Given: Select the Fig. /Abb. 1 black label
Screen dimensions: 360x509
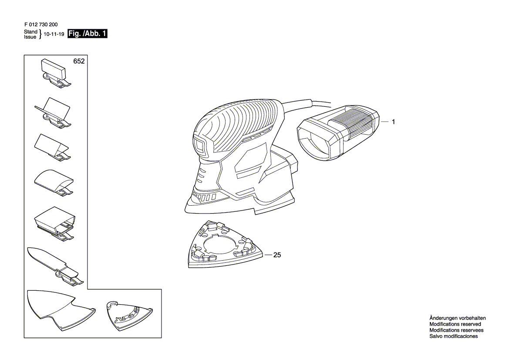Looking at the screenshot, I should tap(87, 35).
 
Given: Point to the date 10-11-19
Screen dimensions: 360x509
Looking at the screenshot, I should tap(54, 35).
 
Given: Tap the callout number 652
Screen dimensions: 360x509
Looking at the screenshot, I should tap(79, 62).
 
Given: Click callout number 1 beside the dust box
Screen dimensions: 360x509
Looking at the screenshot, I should tap(393, 122).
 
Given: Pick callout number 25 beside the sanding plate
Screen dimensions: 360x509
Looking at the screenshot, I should tap(276, 255).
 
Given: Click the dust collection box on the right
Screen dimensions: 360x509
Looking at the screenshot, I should tap(337, 133).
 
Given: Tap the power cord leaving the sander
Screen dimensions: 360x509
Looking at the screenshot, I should tap(305, 104).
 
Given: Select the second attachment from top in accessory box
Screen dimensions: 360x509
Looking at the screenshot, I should tap(54, 111).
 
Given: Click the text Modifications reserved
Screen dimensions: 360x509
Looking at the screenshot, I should tap(455, 324).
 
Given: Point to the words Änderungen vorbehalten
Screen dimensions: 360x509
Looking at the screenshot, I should tap(457, 318).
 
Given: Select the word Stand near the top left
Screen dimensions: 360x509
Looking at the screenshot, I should tap(30, 32).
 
